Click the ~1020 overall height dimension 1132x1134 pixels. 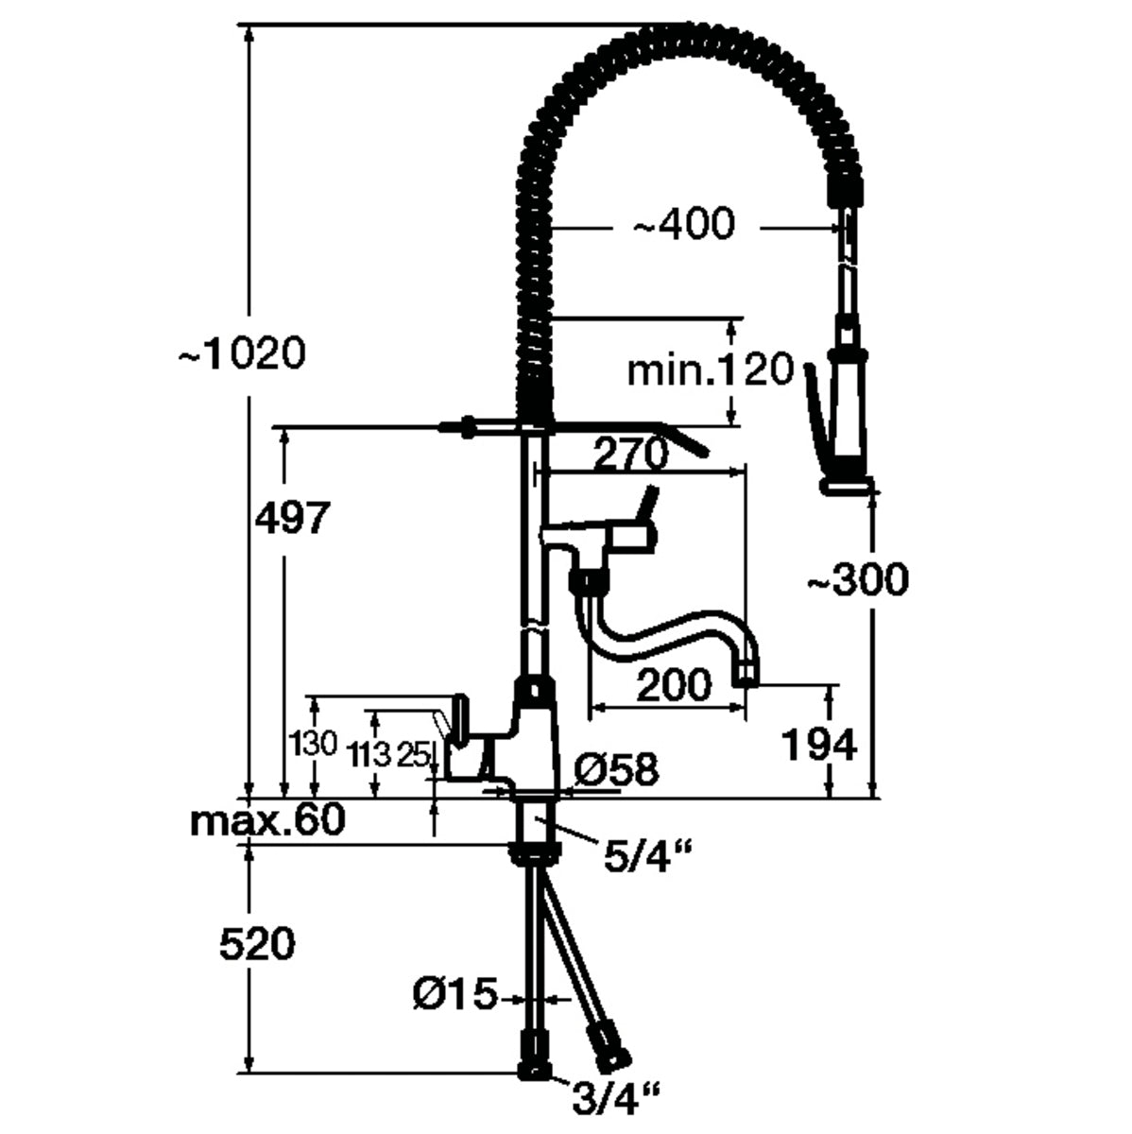tap(242, 355)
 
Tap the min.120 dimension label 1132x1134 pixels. tap(711, 370)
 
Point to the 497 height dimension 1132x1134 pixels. tap(294, 518)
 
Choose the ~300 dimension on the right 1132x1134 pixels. tap(856, 580)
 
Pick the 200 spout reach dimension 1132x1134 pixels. tap(673, 684)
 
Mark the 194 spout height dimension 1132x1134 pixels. tap(818, 745)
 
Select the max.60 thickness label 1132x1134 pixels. tap(267, 820)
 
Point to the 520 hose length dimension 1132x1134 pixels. tap(257, 943)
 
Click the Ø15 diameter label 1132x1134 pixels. tap(455, 994)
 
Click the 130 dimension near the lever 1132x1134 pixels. tap(316, 744)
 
